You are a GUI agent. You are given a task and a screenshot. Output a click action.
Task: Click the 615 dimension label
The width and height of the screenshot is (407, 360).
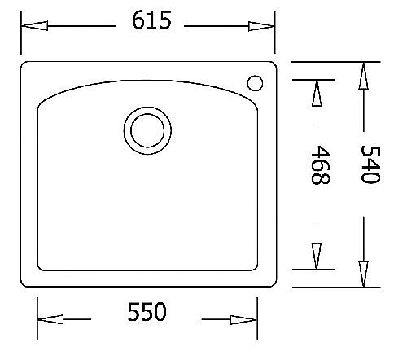151,20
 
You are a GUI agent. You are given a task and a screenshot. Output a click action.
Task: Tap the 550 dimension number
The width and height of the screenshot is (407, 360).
147,311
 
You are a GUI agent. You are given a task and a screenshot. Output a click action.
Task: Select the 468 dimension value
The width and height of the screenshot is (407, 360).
321,165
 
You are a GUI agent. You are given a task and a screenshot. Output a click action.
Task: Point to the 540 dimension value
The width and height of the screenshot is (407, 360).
370,165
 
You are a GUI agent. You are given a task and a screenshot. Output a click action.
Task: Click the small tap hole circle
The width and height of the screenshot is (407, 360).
255,83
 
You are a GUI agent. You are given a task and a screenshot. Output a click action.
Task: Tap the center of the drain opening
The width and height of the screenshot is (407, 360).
147,130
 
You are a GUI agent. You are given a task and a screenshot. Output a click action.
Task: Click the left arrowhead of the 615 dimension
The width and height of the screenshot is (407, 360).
35,26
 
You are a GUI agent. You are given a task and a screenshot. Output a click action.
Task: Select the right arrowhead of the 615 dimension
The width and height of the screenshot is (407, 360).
261,26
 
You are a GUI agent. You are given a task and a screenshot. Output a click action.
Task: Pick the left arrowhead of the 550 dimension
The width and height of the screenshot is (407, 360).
50,319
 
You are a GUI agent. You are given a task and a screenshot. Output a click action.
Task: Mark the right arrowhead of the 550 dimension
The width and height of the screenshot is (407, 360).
243,319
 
